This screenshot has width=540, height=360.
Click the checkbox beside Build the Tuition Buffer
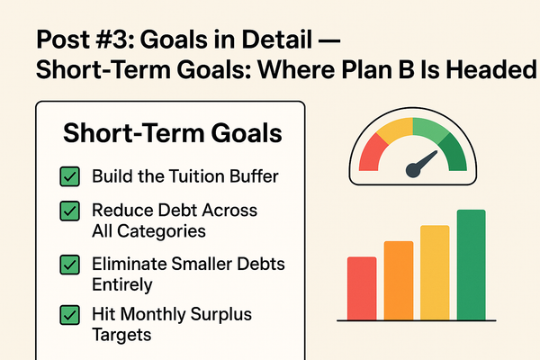click(68, 175)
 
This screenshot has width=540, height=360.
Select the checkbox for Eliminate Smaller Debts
click(68, 265)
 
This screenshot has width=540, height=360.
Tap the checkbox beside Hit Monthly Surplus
click(68, 316)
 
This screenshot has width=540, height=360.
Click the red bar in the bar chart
click(361, 288)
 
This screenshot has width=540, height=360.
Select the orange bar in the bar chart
click(398, 280)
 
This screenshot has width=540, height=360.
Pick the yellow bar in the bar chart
click(435, 272)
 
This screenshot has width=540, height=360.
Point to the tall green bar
click(471, 265)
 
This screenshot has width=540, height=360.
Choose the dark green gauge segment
click(455, 156)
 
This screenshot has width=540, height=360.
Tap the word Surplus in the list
click(217, 315)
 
